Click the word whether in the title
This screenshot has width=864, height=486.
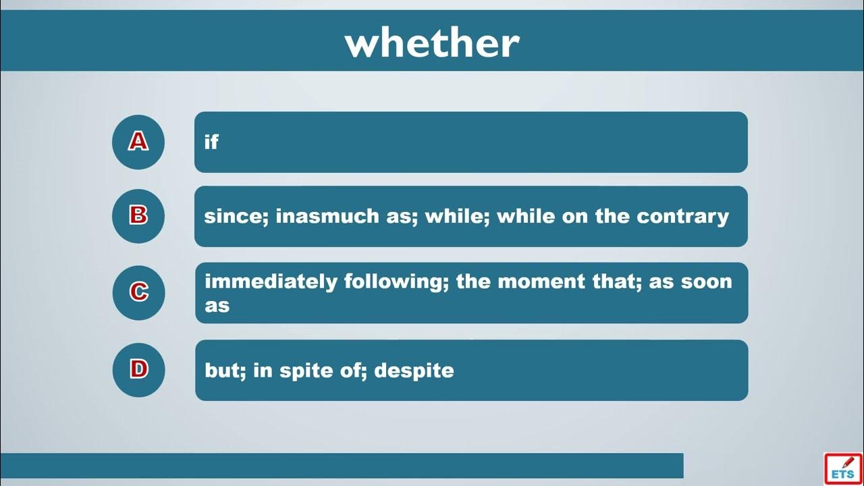pyautogui.click(x=432, y=43)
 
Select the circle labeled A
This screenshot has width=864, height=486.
pyautogui.click(x=138, y=142)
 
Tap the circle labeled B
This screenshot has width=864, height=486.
pyautogui.click(x=138, y=216)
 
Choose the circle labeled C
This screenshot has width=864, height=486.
pyautogui.click(x=138, y=293)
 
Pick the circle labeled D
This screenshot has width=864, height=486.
pyautogui.click(x=138, y=370)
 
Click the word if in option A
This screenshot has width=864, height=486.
pyautogui.click(x=211, y=142)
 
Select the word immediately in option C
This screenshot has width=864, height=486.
pyautogui.click(x=271, y=281)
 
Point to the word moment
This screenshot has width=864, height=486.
pyautogui.click(x=541, y=281)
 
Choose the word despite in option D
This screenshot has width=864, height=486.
pyautogui.click(x=414, y=371)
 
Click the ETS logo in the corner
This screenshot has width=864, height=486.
pyautogui.click(x=843, y=468)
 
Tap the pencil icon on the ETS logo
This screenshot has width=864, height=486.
pyautogui.click(x=848, y=462)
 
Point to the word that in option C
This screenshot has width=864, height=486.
pyautogui.click(x=617, y=281)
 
